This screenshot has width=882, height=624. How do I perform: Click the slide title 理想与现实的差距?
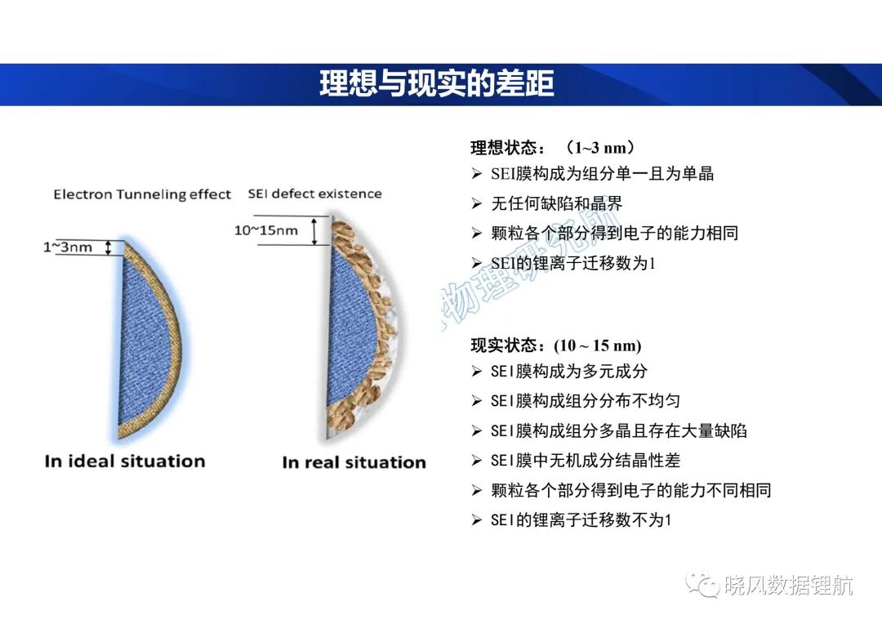[436, 84]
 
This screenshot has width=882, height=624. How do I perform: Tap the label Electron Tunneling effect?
[142, 194]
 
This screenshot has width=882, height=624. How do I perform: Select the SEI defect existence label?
[315, 194]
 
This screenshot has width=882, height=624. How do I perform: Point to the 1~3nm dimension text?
[68, 247]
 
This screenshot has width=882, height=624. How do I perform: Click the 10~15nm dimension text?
[266, 230]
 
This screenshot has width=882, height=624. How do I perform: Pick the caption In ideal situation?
[125, 461]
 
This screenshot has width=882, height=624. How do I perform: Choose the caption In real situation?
[354, 462]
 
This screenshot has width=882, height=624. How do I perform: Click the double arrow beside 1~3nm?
[109, 247]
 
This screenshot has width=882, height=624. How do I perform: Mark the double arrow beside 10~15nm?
[314, 230]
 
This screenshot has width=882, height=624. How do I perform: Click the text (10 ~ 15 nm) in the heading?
[597, 345]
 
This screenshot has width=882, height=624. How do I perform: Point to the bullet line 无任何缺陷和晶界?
[557, 203]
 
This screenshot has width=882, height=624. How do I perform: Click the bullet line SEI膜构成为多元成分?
[569, 372]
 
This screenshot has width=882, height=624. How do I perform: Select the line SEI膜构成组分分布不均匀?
[586, 401]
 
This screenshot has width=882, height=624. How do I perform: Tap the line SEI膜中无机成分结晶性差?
[586, 461]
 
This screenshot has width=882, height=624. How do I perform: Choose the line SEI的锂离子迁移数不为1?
[581, 520]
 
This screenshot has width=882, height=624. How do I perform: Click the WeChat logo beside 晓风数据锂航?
[702, 585]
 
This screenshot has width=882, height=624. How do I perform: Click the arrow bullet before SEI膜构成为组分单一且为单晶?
[477, 174]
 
